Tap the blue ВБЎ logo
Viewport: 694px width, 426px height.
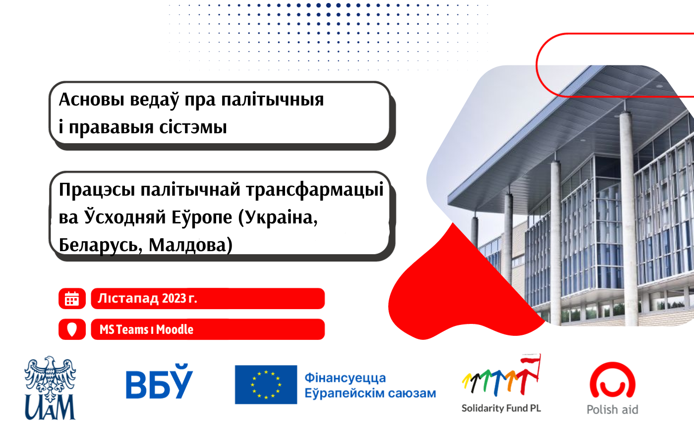click(x=159, y=381)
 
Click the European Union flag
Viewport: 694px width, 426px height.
click(x=266, y=384)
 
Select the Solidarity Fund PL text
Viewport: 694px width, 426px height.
click(x=501, y=408)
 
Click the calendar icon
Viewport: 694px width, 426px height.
click(x=72, y=298)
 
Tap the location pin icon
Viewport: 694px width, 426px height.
click(x=72, y=329)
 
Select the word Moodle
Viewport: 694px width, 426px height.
click(x=174, y=329)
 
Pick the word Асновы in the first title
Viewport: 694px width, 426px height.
click(x=92, y=100)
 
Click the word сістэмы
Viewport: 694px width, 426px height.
click(x=193, y=127)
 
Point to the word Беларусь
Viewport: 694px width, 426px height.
click(x=99, y=245)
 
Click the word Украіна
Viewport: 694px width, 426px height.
click(x=278, y=217)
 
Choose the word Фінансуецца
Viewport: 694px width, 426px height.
click(x=345, y=378)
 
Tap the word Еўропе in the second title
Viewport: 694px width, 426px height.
click(x=202, y=217)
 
